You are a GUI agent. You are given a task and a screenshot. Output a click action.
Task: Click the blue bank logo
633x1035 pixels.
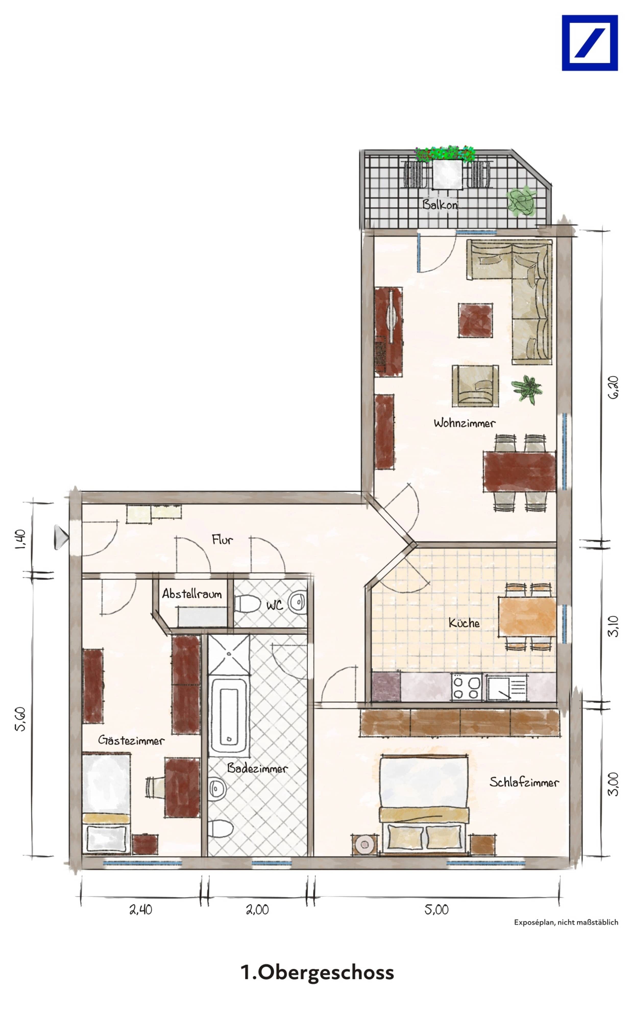(589, 43)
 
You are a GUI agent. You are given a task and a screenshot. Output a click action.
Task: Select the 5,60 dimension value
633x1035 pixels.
(20, 719)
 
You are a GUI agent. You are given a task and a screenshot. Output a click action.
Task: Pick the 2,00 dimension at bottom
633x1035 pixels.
(257, 910)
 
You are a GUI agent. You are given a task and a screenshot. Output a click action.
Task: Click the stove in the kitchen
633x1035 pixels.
(467, 687)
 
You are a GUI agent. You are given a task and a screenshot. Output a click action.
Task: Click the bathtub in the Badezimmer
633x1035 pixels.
(228, 715)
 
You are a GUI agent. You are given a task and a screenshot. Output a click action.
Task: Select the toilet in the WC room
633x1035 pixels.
(248, 604)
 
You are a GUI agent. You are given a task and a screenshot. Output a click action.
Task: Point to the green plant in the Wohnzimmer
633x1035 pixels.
(526, 389)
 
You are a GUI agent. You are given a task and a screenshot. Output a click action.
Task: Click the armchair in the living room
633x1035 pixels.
(475, 386)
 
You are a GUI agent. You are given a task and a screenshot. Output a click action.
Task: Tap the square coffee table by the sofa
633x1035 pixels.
(475, 320)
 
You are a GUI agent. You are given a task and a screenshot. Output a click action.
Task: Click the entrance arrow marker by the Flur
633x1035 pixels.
(61, 537)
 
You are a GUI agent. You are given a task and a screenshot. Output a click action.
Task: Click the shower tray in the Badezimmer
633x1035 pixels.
(229, 654)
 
